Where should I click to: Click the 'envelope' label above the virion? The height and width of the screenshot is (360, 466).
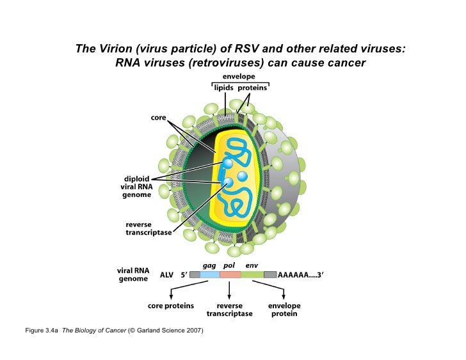[x=239, y=76]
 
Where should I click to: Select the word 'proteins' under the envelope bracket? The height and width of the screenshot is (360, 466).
[x=253, y=88]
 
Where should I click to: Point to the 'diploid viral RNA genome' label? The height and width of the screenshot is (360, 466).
[x=137, y=187]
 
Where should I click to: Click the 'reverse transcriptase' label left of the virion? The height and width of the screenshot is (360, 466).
[x=149, y=229]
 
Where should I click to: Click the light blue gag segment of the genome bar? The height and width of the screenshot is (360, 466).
[x=210, y=274]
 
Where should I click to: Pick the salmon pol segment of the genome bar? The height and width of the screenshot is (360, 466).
[x=230, y=274]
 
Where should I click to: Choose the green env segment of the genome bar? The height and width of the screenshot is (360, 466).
[x=252, y=274]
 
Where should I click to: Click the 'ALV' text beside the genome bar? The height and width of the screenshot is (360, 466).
[x=166, y=275]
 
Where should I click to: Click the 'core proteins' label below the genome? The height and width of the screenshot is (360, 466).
[x=171, y=306]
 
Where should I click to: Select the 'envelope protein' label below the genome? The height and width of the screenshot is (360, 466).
[x=284, y=309]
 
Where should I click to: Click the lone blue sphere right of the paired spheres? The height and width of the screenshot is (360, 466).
[x=243, y=175]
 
